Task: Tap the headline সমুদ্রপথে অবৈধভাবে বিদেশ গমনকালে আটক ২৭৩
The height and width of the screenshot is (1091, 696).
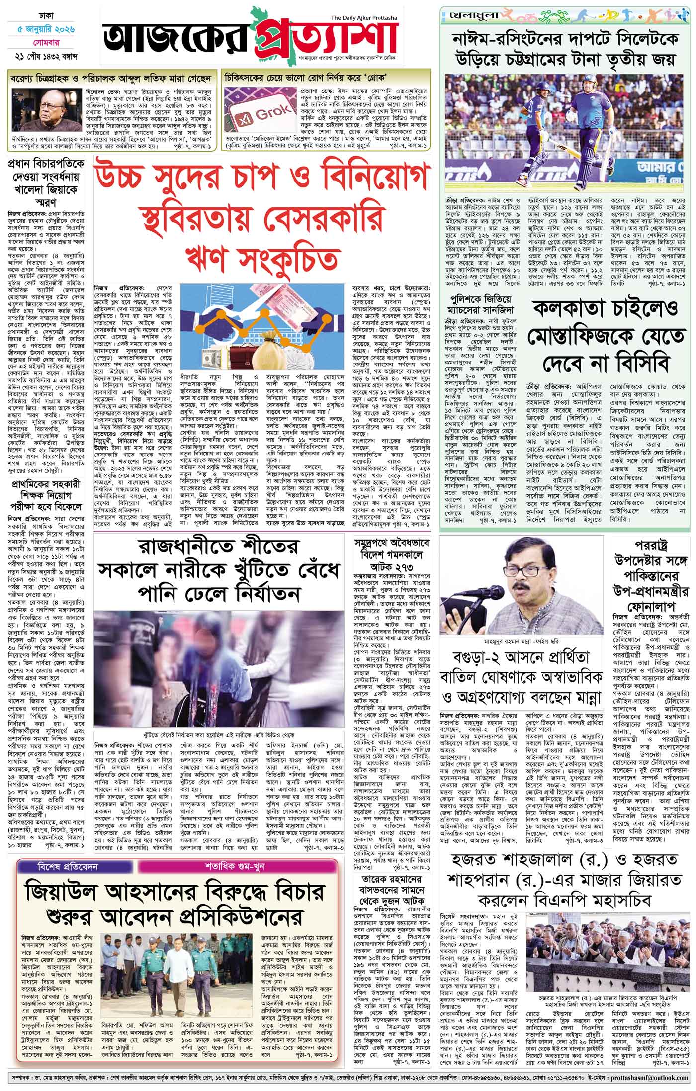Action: [x=393, y=556]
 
